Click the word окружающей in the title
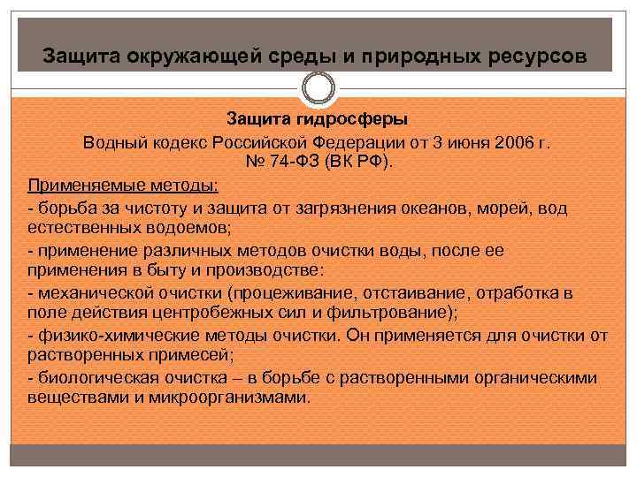point(194,55)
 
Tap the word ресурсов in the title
point(538,56)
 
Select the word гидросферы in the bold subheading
point(352,119)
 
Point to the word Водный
point(115,143)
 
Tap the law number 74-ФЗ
point(295,162)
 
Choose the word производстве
point(265,270)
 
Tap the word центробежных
point(212,313)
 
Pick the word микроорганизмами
point(229,397)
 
